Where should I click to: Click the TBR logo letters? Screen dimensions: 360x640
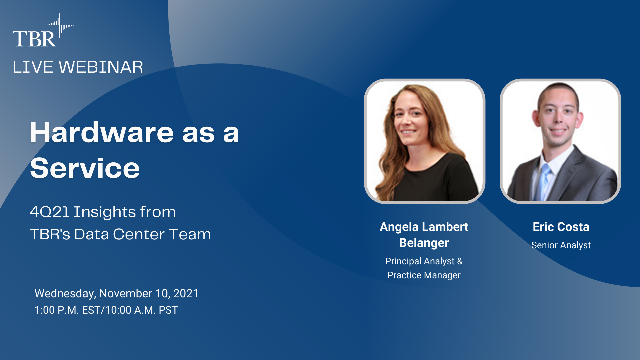(x=34, y=39)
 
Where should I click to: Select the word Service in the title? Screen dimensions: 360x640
(x=85, y=168)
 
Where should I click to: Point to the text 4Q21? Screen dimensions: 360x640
(x=49, y=212)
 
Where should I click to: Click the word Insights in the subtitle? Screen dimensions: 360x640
(x=105, y=212)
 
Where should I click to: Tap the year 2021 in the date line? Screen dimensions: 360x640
(x=186, y=293)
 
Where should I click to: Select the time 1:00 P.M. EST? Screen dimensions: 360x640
(x=68, y=310)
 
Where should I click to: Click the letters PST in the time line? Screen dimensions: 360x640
(x=168, y=310)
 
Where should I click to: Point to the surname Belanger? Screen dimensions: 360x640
(x=424, y=243)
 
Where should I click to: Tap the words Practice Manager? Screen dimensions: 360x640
(x=424, y=275)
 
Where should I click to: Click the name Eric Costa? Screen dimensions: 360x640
(x=561, y=227)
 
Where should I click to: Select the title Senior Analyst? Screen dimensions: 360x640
(x=561, y=245)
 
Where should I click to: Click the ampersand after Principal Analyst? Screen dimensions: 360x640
(x=460, y=261)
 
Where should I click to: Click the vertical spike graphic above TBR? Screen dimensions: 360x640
(x=60, y=25)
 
